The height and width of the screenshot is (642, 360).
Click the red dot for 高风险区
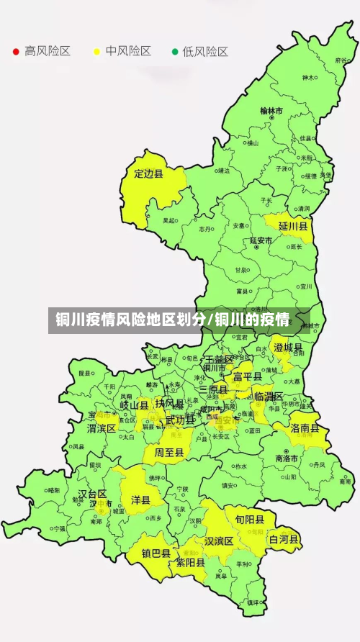tap(16, 52)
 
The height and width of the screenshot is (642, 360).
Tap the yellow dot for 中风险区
tap(96, 52)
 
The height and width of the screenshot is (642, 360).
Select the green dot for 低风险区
tap(174, 52)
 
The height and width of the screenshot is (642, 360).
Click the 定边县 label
tap(149, 173)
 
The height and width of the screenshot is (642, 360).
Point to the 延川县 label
tap(293, 226)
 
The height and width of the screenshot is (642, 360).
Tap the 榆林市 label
tap(271, 111)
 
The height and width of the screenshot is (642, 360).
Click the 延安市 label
tap(261, 240)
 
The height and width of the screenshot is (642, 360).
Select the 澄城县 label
tap(288, 348)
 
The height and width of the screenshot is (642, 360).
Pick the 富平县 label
tap(246, 376)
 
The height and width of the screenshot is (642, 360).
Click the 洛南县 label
tap(305, 428)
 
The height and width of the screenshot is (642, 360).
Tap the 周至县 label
tap(168, 453)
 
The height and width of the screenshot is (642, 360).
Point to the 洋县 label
tap(140, 499)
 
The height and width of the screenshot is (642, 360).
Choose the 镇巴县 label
tap(156, 553)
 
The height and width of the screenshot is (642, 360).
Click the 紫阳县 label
tap(191, 563)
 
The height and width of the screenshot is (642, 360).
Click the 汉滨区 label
tap(219, 541)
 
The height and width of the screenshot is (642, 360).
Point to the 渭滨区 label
tap(102, 428)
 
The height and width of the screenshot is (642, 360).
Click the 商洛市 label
tap(287, 458)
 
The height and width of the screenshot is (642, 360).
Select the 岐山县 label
tap(134, 405)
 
